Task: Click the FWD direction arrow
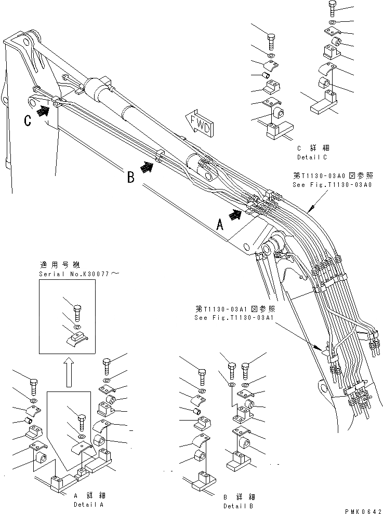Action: click(x=201, y=123)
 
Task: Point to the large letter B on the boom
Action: click(x=131, y=177)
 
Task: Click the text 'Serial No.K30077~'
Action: click(x=78, y=273)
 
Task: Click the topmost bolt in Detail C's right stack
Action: click(x=333, y=8)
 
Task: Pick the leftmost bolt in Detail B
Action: click(x=202, y=374)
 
